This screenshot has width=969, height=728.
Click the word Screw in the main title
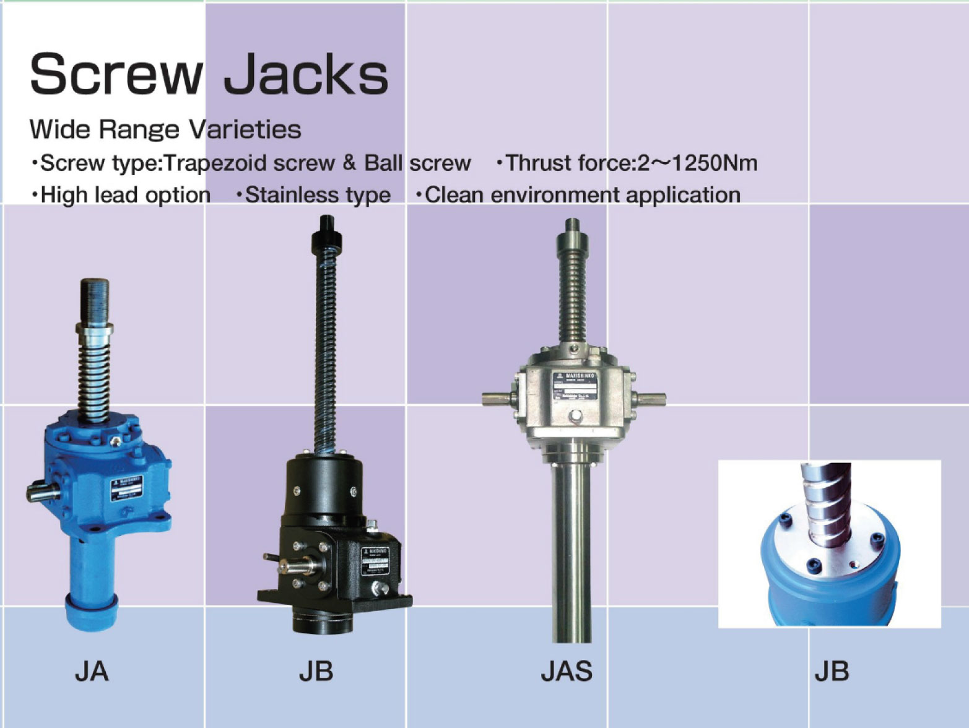(115, 74)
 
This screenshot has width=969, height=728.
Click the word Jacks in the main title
(305, 74)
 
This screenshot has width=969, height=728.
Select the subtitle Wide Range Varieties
(165, 129)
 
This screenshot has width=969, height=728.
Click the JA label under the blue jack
(92, 671)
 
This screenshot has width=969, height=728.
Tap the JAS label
(567, 671)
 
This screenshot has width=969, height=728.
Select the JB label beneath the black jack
(316, 671)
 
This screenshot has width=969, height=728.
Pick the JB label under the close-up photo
(832, 671)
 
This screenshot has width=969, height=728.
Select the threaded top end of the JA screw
(95, 300)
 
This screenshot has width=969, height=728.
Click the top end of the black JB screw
(327, 227)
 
